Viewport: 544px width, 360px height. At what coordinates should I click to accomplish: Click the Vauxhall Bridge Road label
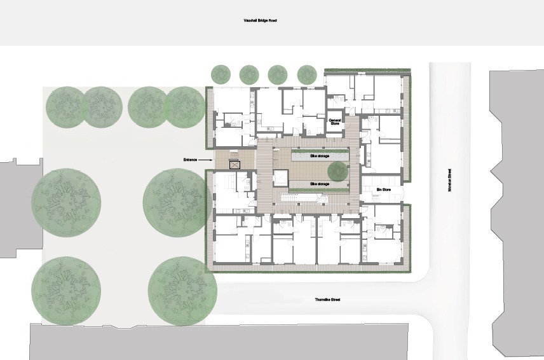pyautogui.click(x=260, y=21)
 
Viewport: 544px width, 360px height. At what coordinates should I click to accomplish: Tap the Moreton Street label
pyautogui.click(x=450, y=180)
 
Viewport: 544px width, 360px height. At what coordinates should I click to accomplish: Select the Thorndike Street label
pyautogui.click(x=327, y=300)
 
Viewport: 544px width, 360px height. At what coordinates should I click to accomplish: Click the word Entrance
pyautogui.click(x=191, y=160)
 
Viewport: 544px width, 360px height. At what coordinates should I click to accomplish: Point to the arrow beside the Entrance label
pyautogui.click(x=206, y=160)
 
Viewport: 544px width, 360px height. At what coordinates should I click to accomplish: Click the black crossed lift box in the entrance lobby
pyautogui.click(x=235, y=164)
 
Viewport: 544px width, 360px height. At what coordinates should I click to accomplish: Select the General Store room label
pyautogui.click(x=335, y=122)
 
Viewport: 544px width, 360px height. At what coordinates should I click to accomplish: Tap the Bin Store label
pyautogui.click(x=384, y=190)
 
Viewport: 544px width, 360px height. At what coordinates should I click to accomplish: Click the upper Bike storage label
pyautogui.click(x=320, y=156)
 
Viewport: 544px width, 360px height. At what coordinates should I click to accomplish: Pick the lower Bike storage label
pyautogui.click(x=320, y=184)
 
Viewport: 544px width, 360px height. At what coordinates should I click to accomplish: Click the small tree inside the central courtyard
pyautogui.click(x=338, y=170)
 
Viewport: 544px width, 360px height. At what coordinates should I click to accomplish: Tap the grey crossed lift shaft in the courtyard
pyautogui.click(x=280, y=178)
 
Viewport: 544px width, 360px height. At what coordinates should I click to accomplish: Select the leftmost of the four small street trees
pyautogui.click(x=221, y=74)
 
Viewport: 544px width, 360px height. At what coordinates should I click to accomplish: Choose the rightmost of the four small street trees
pyautogui.click(x=307, y=74)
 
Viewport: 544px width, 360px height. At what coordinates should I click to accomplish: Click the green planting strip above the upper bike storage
pyautogui.click(x=320, y=151)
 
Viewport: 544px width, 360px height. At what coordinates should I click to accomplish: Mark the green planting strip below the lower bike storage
pyautogui.click(x=320, y=190)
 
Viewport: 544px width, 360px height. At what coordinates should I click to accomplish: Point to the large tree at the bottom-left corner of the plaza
pyautogui.click(x=66, y=291)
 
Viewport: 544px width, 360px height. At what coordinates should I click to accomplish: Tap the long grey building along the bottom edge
pyautogui.click(x=219, y=342)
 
